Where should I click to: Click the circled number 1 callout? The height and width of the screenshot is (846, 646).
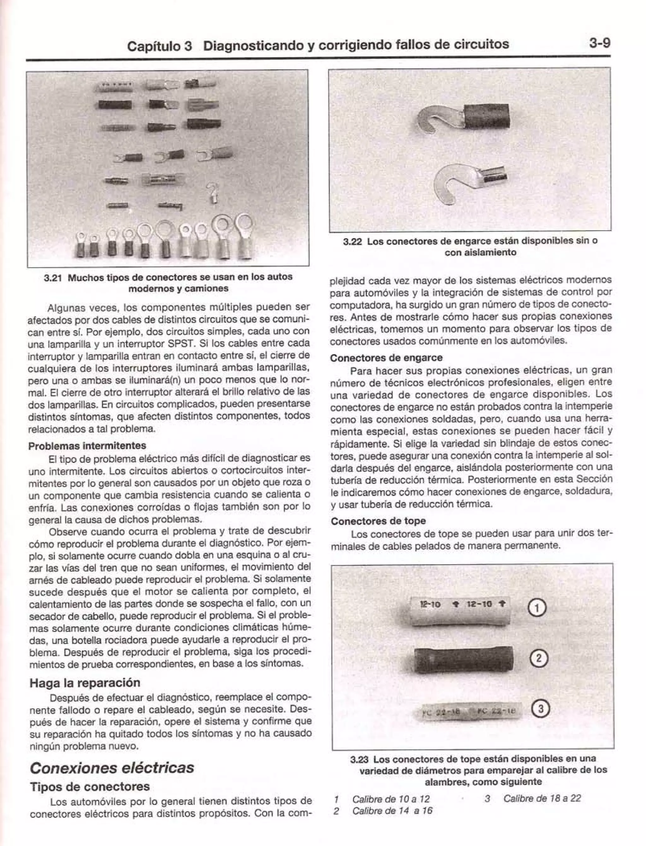[537, 608]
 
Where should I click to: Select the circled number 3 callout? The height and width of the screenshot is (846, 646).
[540, 708]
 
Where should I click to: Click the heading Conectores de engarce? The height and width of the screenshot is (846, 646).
[386, 358]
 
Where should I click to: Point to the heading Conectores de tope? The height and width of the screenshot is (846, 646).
[378, 521]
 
